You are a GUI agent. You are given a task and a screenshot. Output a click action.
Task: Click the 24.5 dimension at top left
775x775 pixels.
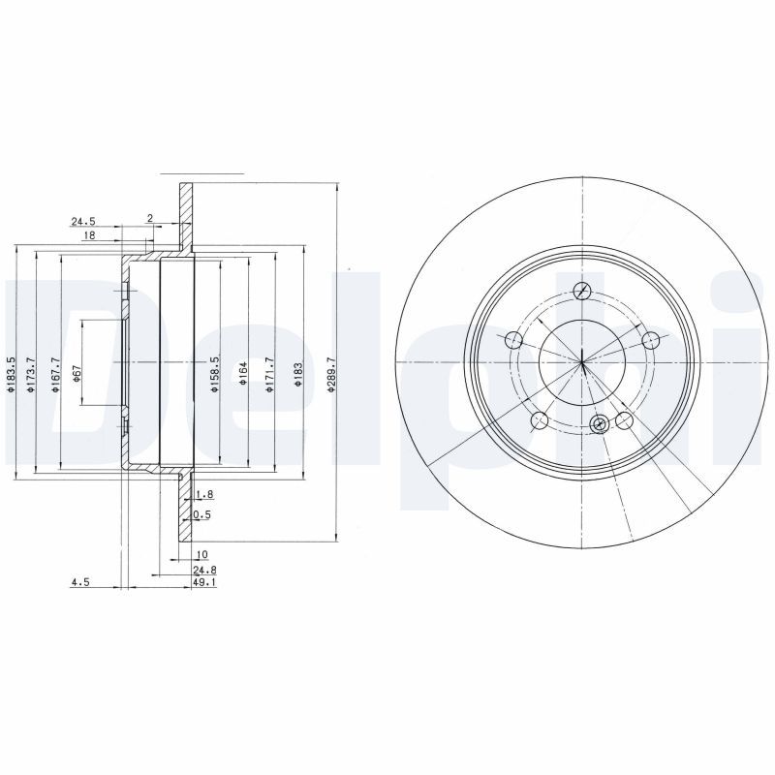coord(81,221)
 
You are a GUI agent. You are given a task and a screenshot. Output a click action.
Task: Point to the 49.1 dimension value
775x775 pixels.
coord(202,583)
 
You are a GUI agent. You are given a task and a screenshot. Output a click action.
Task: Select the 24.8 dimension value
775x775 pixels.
coord(202,570)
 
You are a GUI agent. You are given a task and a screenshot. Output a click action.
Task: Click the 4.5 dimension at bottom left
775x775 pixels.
coord(79,583)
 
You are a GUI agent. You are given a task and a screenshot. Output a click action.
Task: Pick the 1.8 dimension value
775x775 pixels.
coord(203,494)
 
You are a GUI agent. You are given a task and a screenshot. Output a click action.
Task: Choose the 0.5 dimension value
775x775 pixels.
coord(202,515)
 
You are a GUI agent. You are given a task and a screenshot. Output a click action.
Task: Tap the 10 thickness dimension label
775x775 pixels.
coord(201,555)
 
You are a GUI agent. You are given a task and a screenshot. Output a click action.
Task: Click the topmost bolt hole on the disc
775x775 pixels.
coord(582,292)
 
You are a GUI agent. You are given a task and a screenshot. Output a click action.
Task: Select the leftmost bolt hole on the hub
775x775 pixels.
coord(513,339)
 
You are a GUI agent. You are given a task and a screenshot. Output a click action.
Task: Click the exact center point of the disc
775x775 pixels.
coord(582,363)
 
